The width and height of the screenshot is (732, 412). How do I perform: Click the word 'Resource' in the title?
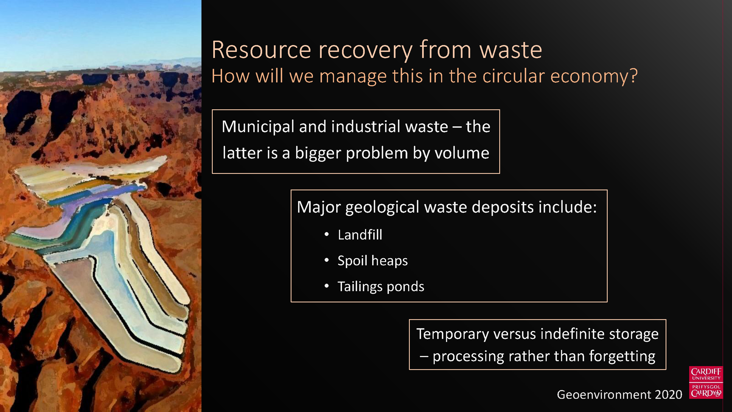pos(261,50)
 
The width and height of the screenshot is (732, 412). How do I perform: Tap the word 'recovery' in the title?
pos(365,51)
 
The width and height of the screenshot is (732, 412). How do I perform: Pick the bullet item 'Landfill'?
pos(360,235)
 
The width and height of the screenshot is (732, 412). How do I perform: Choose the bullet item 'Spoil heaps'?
pos(372,261)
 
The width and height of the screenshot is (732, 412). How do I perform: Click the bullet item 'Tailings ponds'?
pos(381,286)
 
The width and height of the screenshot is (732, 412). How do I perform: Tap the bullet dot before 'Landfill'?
pos(327,234)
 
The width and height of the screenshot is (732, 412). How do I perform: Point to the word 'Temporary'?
pos(452,334)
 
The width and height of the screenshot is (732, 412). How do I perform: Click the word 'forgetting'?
pos(622,357)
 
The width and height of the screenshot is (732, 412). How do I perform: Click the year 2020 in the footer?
pos(668,395)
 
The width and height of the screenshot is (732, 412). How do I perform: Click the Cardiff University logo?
pos(706,382)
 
